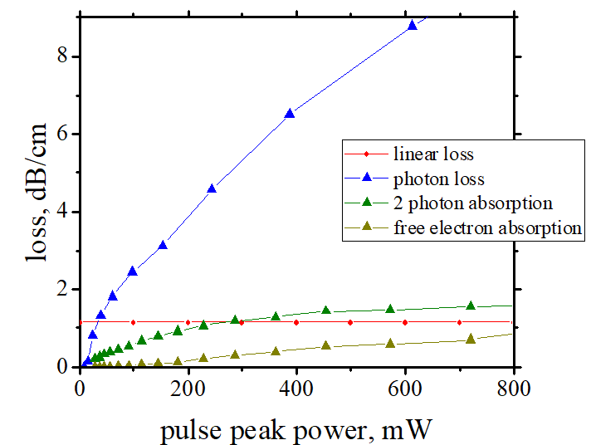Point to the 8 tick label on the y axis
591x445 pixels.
(63, 56)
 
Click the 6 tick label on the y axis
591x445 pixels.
(63, 134)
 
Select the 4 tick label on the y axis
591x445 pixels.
(63, 212)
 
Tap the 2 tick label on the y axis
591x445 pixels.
(63, 289)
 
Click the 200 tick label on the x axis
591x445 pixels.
(188, 387)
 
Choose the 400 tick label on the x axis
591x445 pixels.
(296, 387)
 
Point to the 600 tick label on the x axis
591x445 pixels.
(405, 387)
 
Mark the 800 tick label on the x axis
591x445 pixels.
(513, 387)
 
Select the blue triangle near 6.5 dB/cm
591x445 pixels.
(290, 113)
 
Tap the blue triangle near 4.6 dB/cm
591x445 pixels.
(212, 188)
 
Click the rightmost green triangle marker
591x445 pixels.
(471, 306)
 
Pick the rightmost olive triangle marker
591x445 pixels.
(471, 339)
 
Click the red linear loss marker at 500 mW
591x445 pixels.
(350, 322)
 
